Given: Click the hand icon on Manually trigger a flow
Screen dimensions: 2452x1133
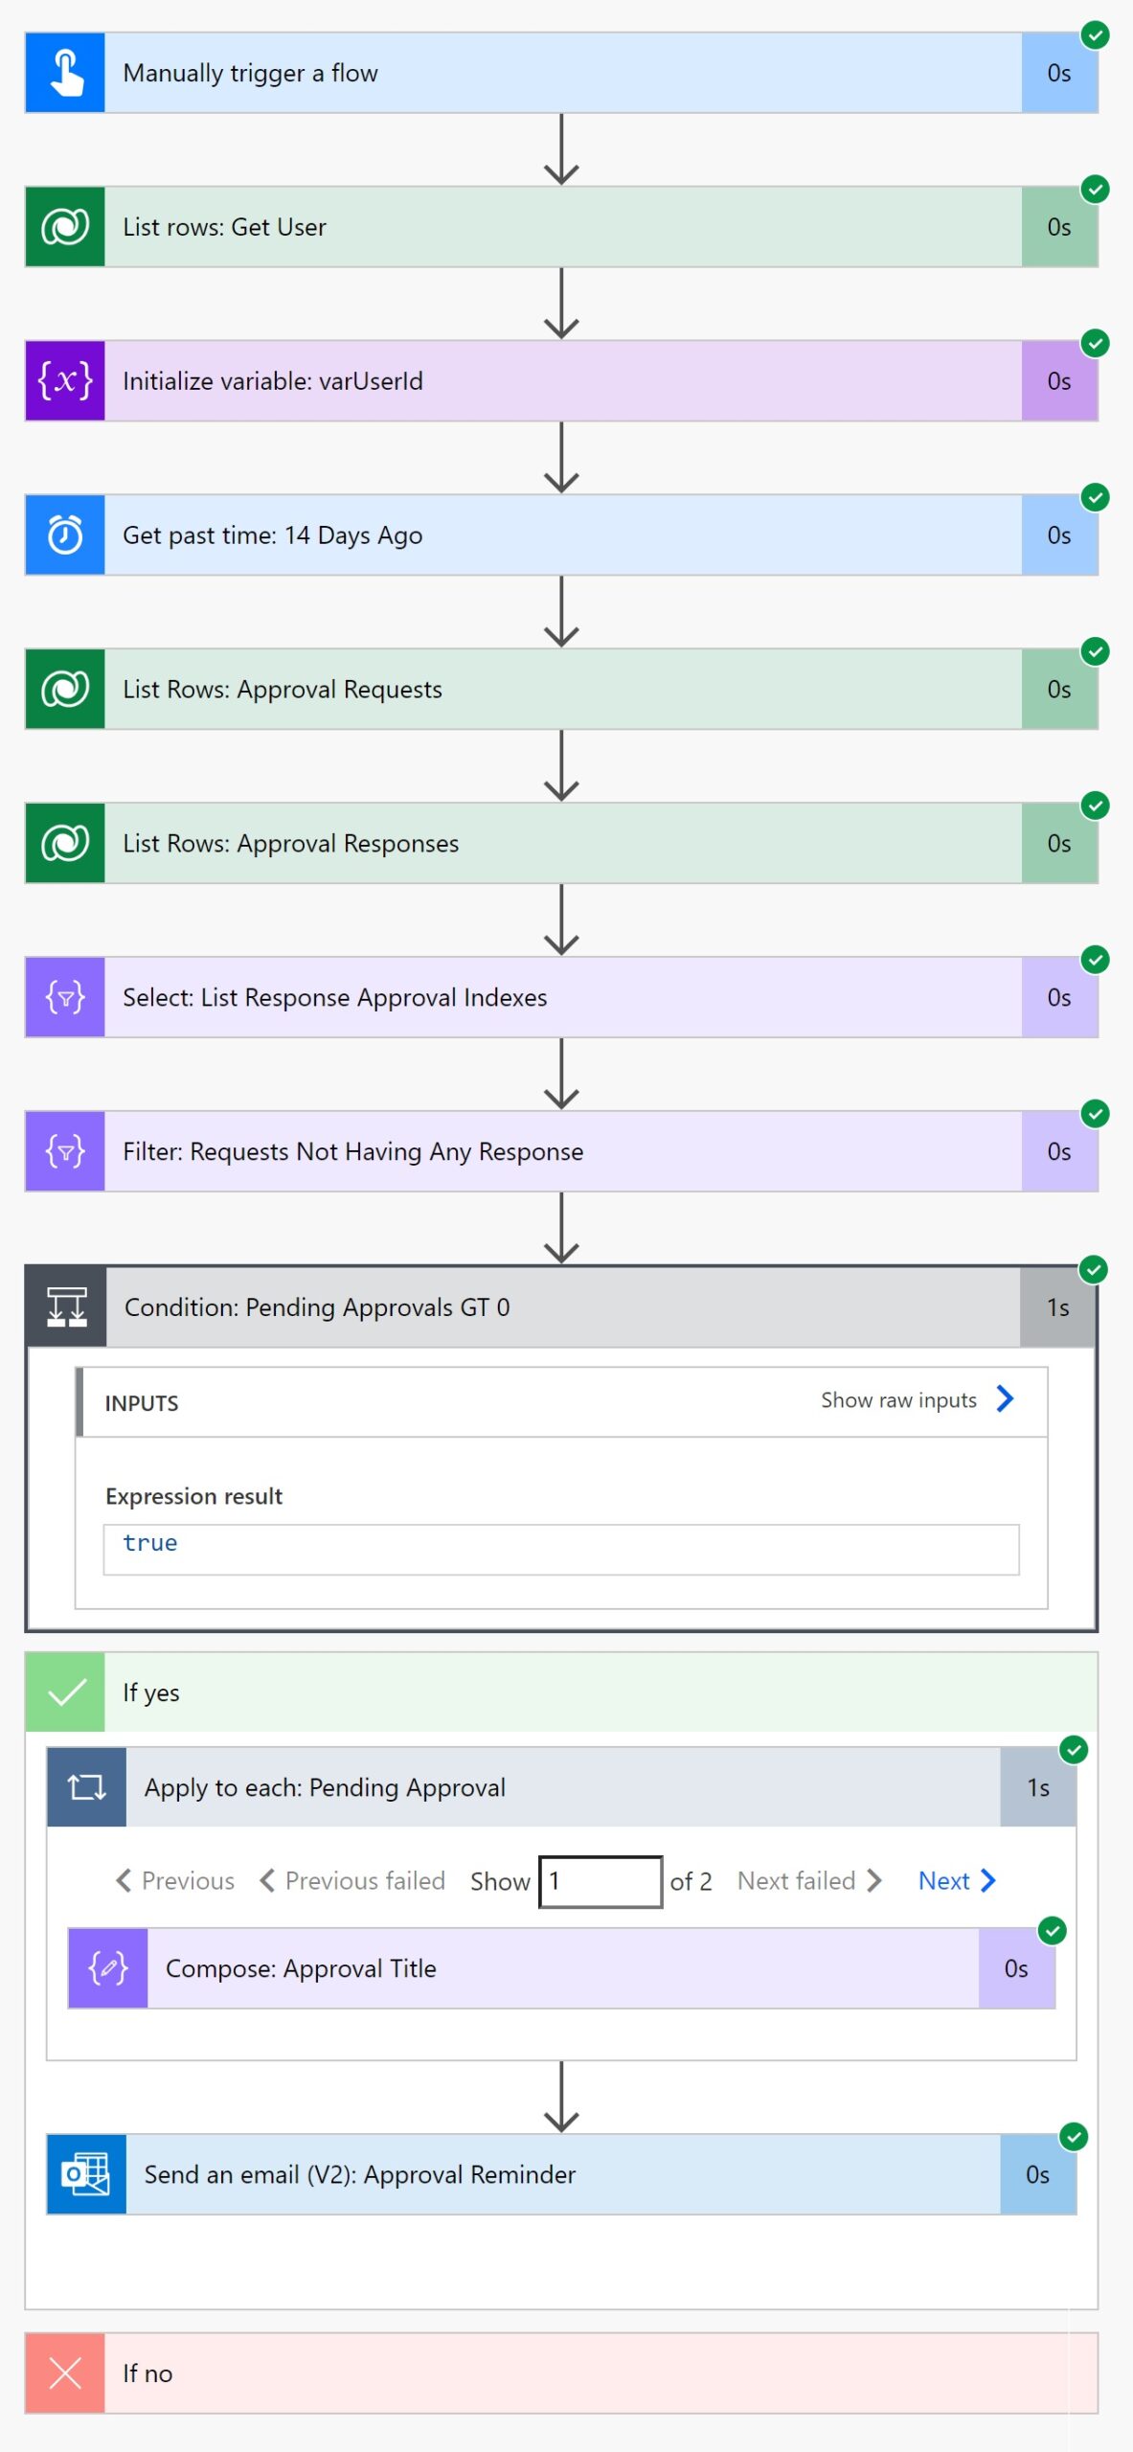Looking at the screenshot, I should [65, 73].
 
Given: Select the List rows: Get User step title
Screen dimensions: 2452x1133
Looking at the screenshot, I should [224, 227].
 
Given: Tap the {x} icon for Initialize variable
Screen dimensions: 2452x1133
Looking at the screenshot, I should [65, 381].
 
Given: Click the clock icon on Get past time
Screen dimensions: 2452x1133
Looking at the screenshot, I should [65, 535].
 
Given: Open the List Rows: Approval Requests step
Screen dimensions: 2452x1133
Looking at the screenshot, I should [283, 690].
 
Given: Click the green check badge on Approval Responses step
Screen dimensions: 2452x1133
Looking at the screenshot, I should [1095, 806].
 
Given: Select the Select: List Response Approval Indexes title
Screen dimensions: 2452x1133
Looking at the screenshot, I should [334, 998].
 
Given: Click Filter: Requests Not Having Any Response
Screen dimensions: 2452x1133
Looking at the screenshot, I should [352, 1152].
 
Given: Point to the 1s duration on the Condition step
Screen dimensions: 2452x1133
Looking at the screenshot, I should [1057, 1307].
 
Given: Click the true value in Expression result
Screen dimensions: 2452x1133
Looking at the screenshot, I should [150, 1543].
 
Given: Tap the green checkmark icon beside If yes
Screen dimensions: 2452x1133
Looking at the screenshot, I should [65, 1692].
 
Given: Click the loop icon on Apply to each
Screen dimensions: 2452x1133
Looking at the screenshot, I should [87, 1787].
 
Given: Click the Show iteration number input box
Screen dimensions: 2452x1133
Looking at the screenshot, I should [600, 1881].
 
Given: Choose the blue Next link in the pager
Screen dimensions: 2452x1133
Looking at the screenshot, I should [956, 1881].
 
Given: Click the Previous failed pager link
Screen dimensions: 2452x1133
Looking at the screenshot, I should [352, 1881].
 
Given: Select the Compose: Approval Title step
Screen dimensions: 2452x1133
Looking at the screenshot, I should [301, 1968].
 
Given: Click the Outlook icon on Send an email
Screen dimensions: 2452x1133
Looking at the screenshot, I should [87, 2174].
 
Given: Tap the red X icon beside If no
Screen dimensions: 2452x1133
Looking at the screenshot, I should [65, 2373].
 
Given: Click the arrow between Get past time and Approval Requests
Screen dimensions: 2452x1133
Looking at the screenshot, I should [561, 612].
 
